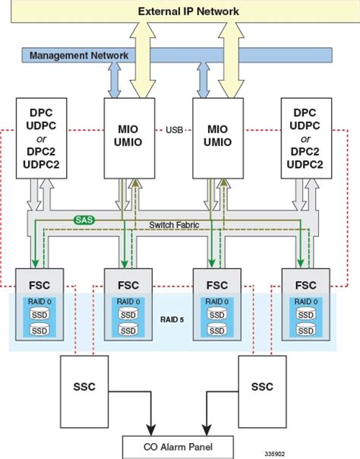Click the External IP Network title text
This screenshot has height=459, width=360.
tap(188, 11)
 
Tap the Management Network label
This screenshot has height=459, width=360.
tap(79, 55)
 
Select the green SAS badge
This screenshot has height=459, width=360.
tap(84, 220)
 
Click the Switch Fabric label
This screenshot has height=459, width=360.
tap(174, 225)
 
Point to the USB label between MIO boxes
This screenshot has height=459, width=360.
tap(174, 130)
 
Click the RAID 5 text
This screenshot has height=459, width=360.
tap(172, 319)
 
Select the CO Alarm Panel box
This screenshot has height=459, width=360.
tap(178, 447)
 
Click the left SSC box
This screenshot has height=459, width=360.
tap(84, 391)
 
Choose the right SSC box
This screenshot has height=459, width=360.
tap(262, 391)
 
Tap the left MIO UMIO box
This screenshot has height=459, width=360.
tap(130, 138)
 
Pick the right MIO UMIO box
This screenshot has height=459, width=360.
tap(218, 138)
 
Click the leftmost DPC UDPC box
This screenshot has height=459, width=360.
tap(41, 138)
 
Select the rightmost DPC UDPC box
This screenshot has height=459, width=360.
tap(307, 138)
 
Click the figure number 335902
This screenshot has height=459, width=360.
tap(275, 454)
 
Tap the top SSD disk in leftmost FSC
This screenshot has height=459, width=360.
tap(39, 314)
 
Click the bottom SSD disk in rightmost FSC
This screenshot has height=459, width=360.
tap(306, 330)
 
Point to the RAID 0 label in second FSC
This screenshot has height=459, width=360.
tap(128, 302)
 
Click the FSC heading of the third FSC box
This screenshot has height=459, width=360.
tap(217, 285)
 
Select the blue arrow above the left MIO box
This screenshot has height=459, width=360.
tap(115, 80)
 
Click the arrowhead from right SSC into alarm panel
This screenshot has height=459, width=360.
tap(207, 431)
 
